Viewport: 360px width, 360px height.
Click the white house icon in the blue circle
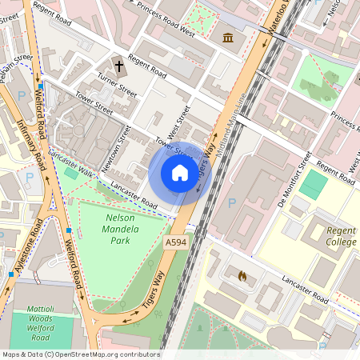tap(180, 173)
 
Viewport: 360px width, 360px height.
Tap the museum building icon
tap(229, 38)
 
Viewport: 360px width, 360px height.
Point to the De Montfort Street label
tap(294, 184)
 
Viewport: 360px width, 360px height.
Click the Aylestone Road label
tap(23, 252)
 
